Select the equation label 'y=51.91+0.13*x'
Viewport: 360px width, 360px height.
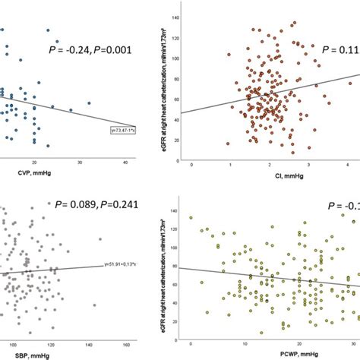coord(120,264)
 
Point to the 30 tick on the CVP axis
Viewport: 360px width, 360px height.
coord(80,163)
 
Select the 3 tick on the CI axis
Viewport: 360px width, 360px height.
coord(308,163)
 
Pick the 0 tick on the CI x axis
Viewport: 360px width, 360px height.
coord(192,163)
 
